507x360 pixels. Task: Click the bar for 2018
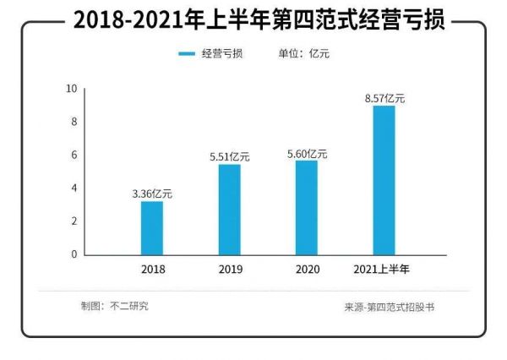pyautogui.click(x=152, y=227)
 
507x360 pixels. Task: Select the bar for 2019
pyautogui.click(x=229, y=209)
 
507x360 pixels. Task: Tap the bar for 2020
pyautogui.click(x=306, y=207)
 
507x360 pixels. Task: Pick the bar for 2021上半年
pyautogui.click(x=384, y=180)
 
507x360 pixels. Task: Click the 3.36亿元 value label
pyautogui.click(x=152, y=194)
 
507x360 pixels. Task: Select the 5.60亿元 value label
pyautogui.click(x=307, y=154)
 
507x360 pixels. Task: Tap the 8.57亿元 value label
pyautogui.click(x=384, y=99)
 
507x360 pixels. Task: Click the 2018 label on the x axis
pyautogui.click(x=153, y=270)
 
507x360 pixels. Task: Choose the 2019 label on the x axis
pyautogui.click(x=230, y=270)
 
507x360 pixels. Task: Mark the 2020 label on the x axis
pyautogui.click(x=307, y=270)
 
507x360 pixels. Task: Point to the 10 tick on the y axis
pyautogui.click(x=72, y=89)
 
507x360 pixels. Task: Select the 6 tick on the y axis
pyautogui.click(x=74, y=155)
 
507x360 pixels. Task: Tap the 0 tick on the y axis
pyautogui.click(x=74, y=254)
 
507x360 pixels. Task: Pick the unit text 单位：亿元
pyautogui.click(x=304, y=54)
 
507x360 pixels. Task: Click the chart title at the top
pyautogui.click(x=253, y=20)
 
